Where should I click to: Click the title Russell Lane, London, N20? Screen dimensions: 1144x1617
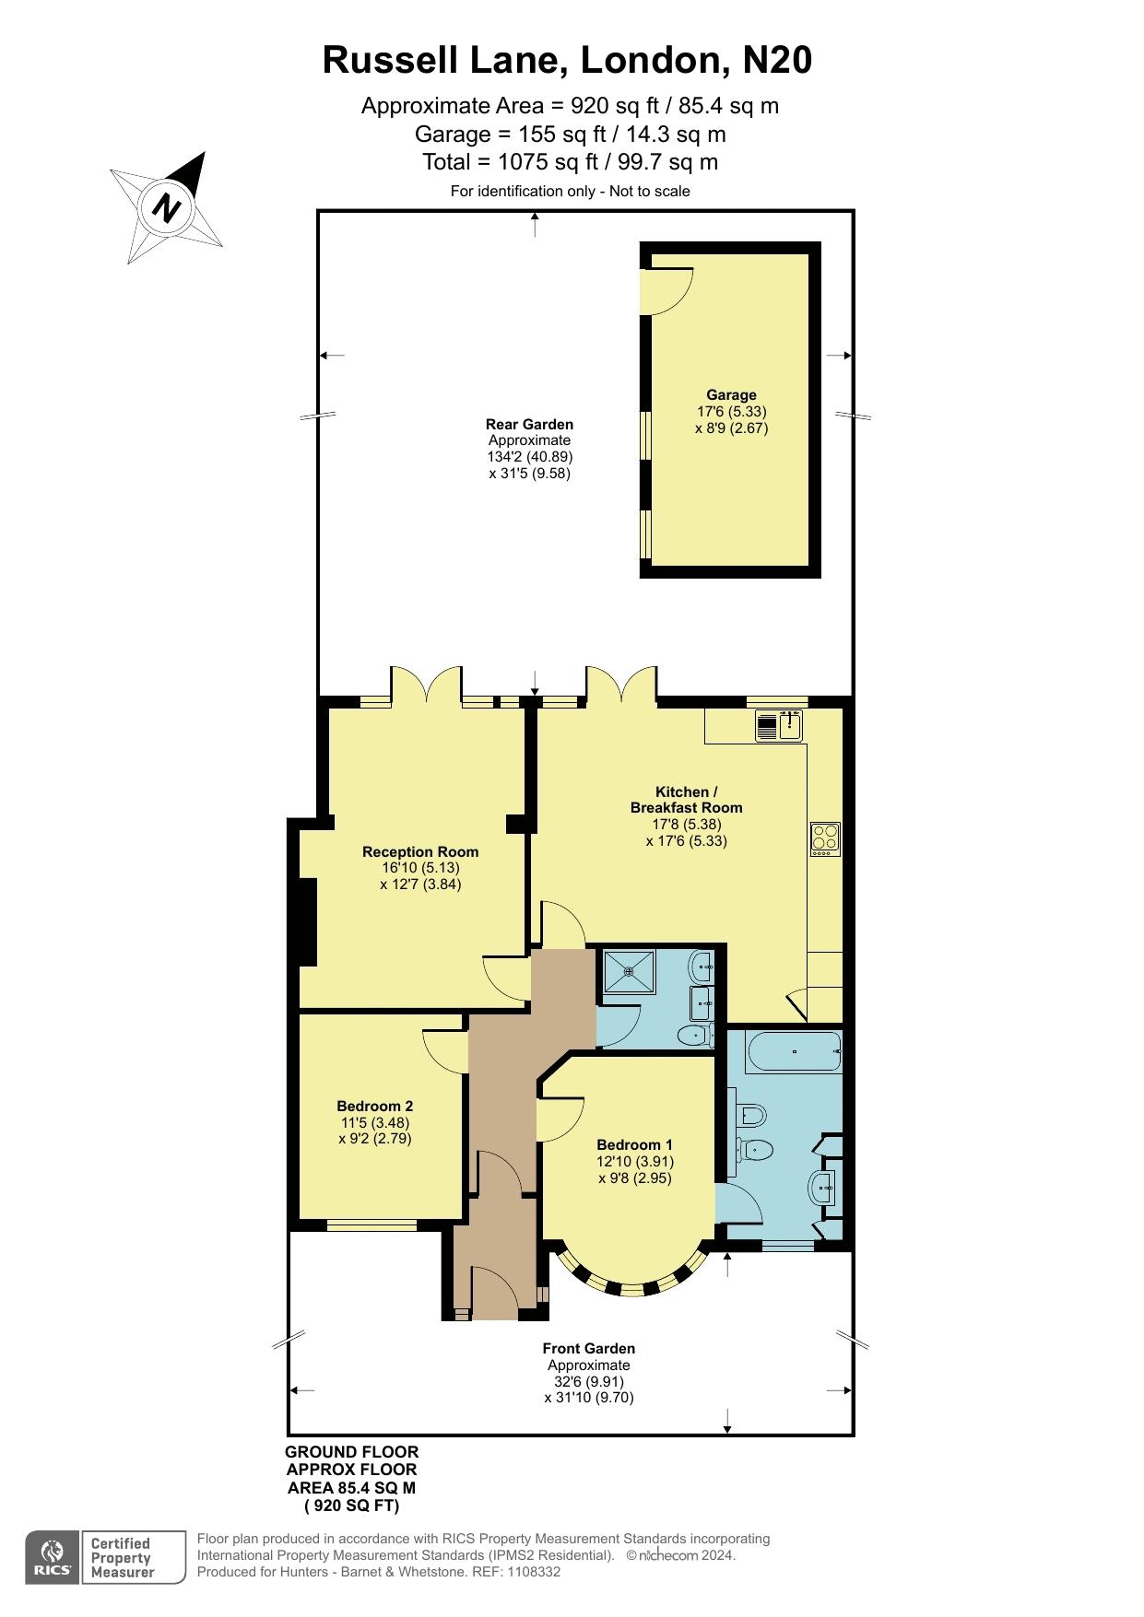567,61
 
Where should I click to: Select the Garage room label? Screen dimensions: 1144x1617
731,395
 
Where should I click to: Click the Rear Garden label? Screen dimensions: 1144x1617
529,425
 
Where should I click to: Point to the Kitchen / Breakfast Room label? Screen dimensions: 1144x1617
686,800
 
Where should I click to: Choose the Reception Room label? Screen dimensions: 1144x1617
420,852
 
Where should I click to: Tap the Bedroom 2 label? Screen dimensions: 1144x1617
374,1107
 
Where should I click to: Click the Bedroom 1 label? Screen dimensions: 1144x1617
634,1145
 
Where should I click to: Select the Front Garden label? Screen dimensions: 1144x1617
588,1349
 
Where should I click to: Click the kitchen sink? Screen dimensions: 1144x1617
779,726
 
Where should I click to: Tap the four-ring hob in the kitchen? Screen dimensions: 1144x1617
825,838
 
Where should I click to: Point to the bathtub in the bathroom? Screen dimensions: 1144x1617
794,1051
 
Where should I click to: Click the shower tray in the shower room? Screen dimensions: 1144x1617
630,970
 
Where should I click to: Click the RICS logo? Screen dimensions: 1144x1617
53,1557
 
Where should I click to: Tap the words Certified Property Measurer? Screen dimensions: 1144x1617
122,1558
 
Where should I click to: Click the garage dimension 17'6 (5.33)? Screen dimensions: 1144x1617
731,412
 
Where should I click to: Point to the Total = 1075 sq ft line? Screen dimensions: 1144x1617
570,162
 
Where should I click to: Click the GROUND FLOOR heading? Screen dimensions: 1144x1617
352,1452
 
